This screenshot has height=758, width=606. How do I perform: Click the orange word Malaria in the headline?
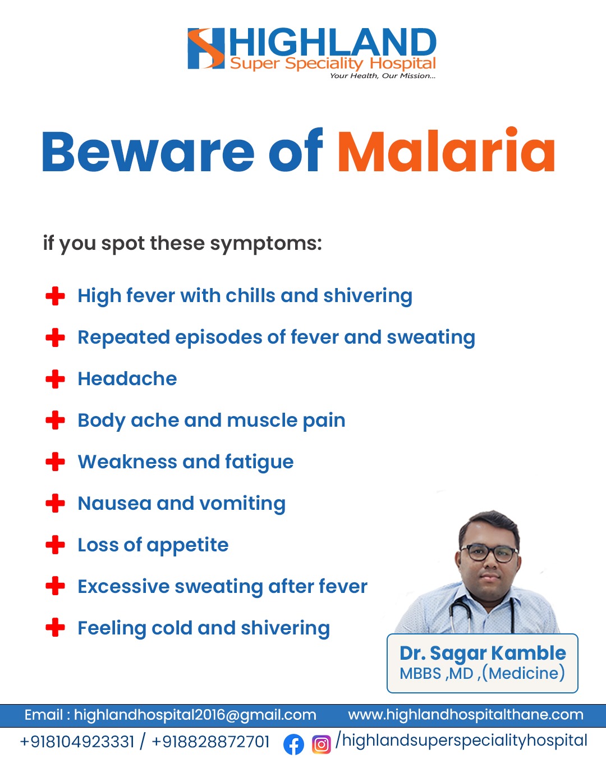(446, 150)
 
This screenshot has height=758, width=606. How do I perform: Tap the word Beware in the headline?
(148, 152)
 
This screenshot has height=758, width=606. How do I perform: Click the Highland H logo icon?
(206, 48)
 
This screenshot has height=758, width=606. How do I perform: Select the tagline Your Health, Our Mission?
(383, 76)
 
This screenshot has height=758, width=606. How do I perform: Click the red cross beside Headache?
(56, 379)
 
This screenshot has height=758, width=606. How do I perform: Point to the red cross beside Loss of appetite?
(56, 545)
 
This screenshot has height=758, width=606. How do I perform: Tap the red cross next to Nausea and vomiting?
(56, 503)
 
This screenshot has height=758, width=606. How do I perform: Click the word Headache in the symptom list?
(127, 379)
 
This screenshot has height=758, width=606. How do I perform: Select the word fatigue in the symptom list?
(259, 463)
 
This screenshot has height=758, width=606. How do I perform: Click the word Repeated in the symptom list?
(124, 338)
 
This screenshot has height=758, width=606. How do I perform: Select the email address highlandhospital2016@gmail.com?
(195, 715)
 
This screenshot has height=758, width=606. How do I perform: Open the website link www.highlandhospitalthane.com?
(466, 715)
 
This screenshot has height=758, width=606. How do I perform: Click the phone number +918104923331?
(77, 742)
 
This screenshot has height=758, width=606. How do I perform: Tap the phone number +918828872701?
(210, 742)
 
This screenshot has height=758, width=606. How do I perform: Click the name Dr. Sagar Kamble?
(483, 654)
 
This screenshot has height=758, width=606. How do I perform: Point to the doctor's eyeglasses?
(489, 554)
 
